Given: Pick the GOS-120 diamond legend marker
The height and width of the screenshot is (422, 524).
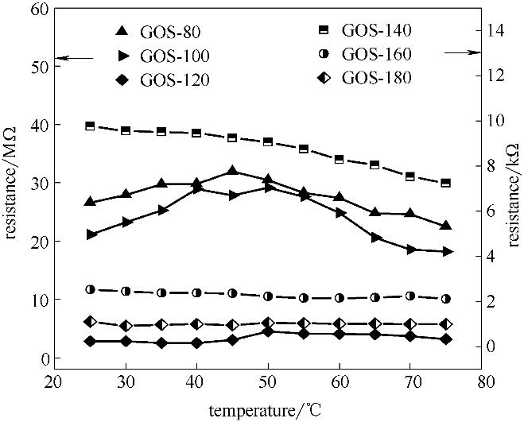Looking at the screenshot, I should point(121,79).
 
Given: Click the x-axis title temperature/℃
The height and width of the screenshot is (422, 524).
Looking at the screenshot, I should point(266,411).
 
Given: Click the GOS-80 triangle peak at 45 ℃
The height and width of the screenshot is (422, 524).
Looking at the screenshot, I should point(232,171).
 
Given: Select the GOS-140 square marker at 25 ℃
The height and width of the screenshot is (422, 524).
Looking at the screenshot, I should point(90,126).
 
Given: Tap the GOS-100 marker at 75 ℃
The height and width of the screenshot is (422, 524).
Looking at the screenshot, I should point(447,252).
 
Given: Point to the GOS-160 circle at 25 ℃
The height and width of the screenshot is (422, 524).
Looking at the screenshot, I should point(90,290).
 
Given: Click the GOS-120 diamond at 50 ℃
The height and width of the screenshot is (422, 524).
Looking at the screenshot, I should point(268,331).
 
